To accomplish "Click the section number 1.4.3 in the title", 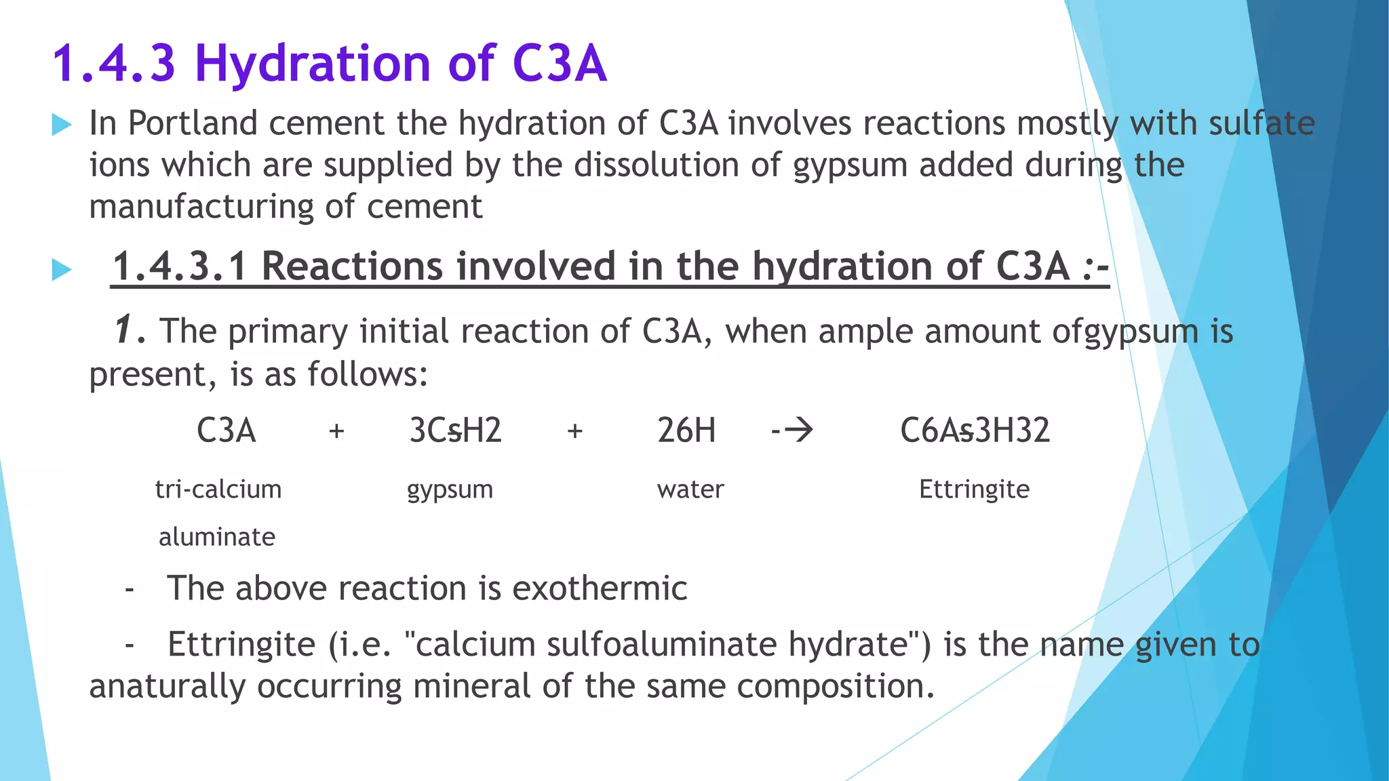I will (114, 64).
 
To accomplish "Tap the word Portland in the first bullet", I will (193, 123).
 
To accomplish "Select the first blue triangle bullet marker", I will (61, 125).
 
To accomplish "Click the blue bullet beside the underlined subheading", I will (61, 270).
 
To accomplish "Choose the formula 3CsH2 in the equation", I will (455, 430).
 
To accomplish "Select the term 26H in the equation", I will (686, 430).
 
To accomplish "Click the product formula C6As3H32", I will (975, 430).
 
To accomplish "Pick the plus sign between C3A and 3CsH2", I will (336, 430).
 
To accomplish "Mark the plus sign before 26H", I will (574, 430).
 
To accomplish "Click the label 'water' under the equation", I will (690, 489).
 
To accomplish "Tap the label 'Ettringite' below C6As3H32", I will (974, 489).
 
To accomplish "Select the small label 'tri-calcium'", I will (218, 489).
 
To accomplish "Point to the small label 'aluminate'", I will (217, 537).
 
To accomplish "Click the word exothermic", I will (600, 588).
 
